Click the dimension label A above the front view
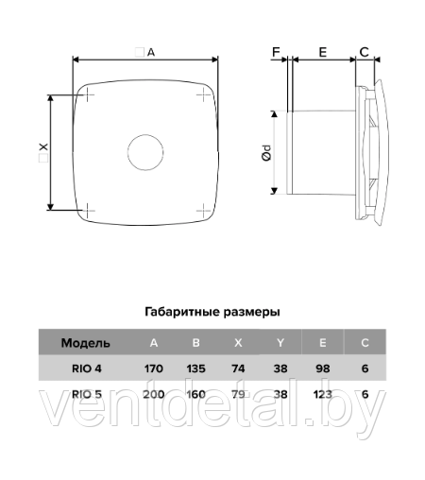tap(151, 52)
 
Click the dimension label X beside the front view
tap(43, 147)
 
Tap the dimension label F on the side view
tap(276, 52)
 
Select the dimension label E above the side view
tap(323, 52)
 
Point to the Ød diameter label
tap(266, 153)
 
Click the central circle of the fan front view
tap(145, 152)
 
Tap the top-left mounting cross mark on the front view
tap(88, 94)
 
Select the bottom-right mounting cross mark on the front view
tap(204, 210)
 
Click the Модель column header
tap(86, 343)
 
